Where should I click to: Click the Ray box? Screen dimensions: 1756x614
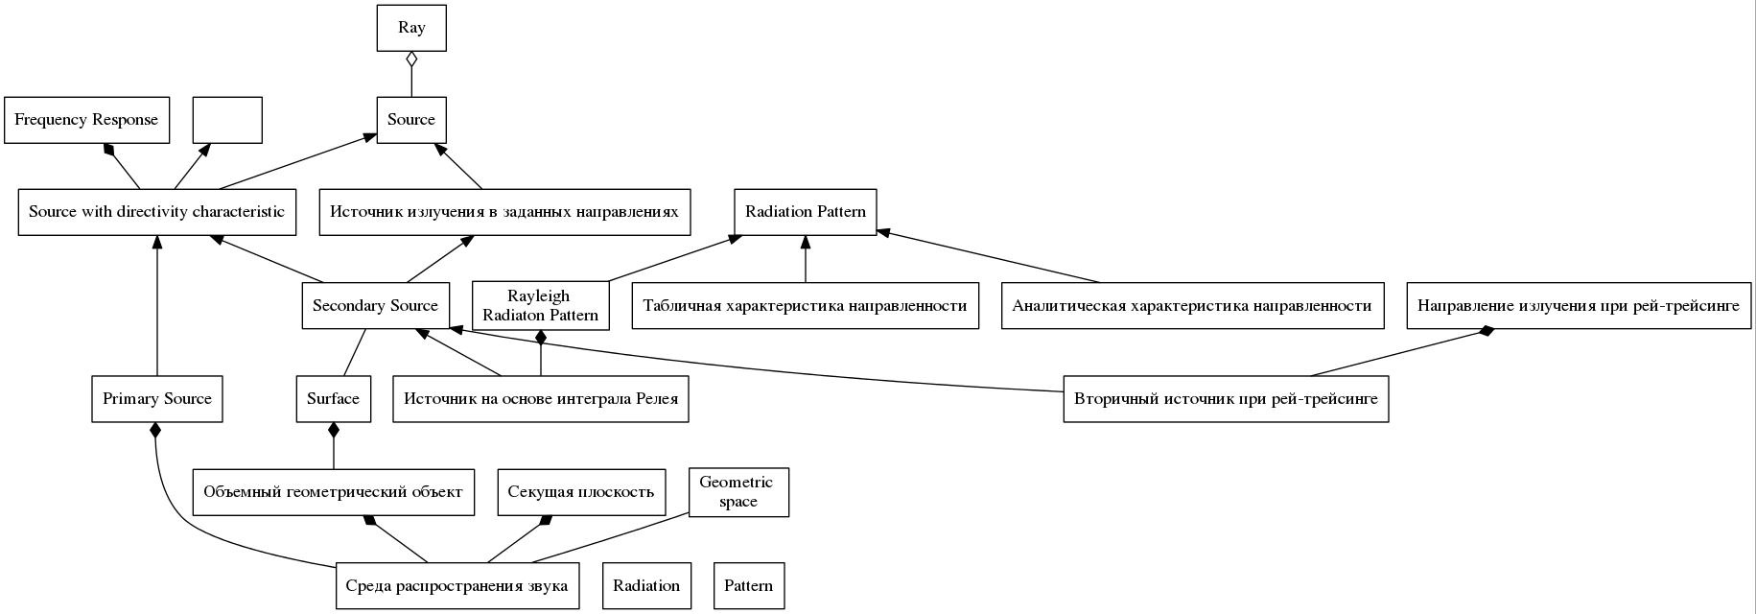[411, 27]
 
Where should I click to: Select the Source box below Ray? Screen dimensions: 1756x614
[411, 120]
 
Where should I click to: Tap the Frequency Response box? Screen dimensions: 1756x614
[87, 120]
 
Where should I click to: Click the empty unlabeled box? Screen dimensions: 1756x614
[227, 120]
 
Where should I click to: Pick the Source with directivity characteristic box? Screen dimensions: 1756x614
[157, 212]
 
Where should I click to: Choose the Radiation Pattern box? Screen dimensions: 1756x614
[806, 212]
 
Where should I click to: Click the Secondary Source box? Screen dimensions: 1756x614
[376, 305]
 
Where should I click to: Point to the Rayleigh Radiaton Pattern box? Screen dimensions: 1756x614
[541, 305]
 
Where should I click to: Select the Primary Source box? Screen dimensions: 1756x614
[157, 398]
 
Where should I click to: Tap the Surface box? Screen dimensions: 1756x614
[334, 398]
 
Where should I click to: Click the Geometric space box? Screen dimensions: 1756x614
[738, 492]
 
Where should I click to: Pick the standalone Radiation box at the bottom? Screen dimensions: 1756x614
[647, 585]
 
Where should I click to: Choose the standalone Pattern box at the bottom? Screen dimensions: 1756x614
[749, 585]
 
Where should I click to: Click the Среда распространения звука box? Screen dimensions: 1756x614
[457, 585]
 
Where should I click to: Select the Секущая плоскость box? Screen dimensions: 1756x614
[581, 492]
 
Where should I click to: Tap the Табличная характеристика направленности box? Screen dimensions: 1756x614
[806, 305]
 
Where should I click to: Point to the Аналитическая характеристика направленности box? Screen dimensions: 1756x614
[1193, 305]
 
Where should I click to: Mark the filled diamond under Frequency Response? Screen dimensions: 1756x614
[110, 149]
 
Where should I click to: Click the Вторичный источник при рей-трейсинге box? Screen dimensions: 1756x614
[1226, 398]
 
